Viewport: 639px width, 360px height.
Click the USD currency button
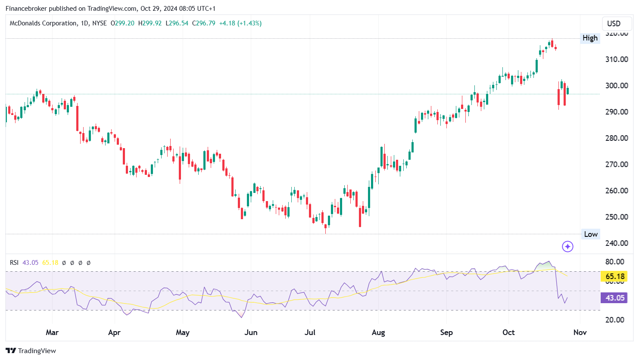[614, 24]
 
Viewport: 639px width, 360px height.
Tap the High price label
[590, 38]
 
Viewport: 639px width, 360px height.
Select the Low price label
[590, 234]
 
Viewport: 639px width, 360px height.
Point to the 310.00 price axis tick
[617, 59]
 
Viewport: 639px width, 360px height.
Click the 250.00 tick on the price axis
[617, 217]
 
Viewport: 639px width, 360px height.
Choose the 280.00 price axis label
[617, 138]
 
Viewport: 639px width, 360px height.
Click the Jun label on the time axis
[251, 332]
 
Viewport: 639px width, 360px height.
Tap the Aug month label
[378, 332]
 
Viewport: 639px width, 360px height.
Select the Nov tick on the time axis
[580, 332]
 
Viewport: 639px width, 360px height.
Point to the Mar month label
[52, 332]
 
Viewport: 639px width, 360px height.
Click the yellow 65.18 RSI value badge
[615, 276]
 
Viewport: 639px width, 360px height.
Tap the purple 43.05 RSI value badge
[615, 298]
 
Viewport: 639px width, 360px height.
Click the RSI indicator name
[14, 263]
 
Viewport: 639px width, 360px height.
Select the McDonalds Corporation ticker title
[43, 23]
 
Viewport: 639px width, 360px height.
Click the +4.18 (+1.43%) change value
[240, 23]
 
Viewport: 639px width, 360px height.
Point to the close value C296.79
[203, 23]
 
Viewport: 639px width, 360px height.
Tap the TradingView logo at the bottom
[31, 351]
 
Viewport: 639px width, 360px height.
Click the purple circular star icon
[567, 247]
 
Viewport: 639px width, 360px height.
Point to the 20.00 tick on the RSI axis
[615, 320]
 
